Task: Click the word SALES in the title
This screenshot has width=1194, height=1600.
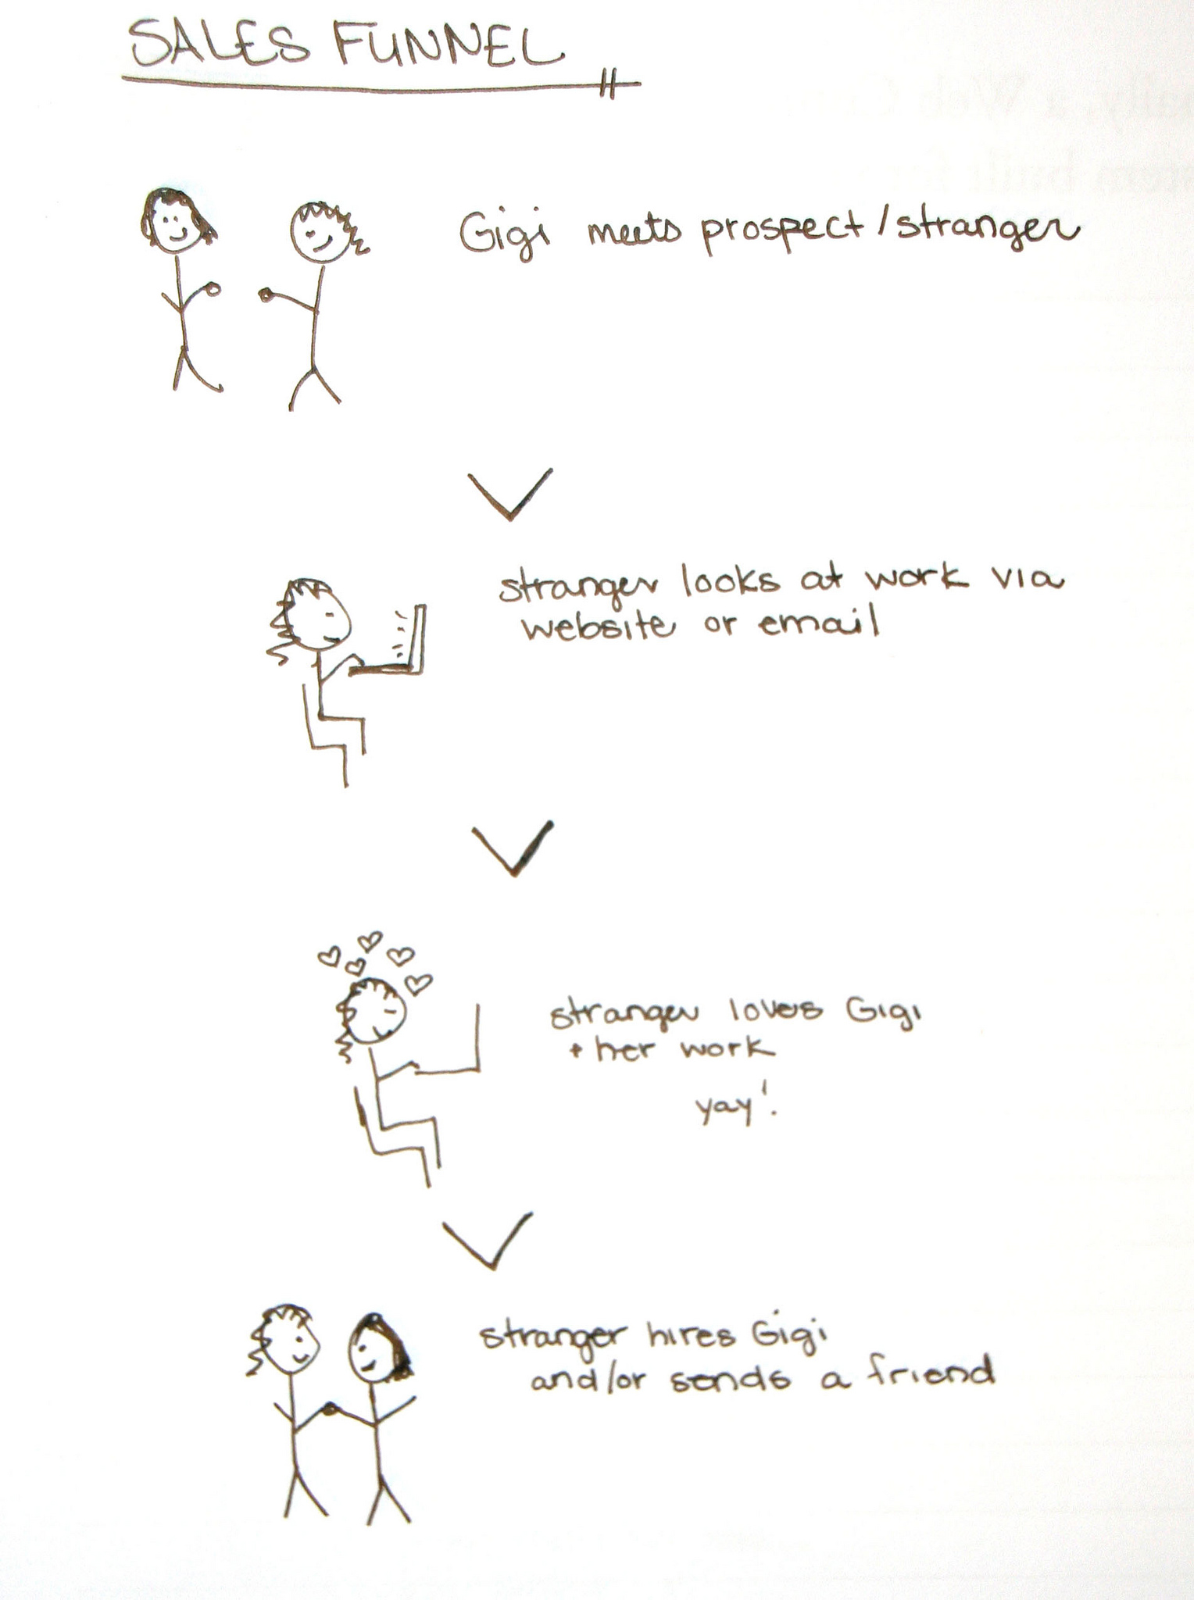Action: pos(220,45)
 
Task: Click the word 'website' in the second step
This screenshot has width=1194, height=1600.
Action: pos(596,627)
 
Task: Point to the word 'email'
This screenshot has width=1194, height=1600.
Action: pos(818,623)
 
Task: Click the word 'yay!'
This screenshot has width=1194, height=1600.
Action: pos(736,1108)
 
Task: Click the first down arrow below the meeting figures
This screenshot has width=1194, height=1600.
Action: pos(510,495)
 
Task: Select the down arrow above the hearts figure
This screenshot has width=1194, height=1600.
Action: pos(513,848)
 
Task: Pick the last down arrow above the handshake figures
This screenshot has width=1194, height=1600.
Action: pos(488,1241)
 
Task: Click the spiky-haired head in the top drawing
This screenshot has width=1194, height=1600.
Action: pos(322,232)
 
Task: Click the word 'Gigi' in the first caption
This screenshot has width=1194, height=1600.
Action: pos(503,232)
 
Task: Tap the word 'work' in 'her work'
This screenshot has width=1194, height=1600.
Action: pos(727,1049)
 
